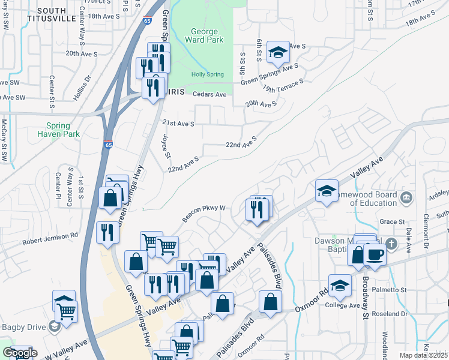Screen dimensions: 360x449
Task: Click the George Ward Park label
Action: pos(207,35)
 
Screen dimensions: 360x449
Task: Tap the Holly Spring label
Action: pos(207,74)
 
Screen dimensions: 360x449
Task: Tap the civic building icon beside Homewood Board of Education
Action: pos(406,197)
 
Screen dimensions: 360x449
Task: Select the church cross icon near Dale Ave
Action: pos(391,244)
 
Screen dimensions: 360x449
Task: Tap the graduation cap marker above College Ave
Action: pos(340,285)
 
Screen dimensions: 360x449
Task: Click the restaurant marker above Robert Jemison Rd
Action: pos(107,232)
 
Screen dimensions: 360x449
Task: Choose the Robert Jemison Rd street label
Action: pos(50,239)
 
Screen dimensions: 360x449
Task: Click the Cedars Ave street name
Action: pos(209,95)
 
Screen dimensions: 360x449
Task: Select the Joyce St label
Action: pos(166,146)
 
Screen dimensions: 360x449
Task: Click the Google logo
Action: pos(20,353)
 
